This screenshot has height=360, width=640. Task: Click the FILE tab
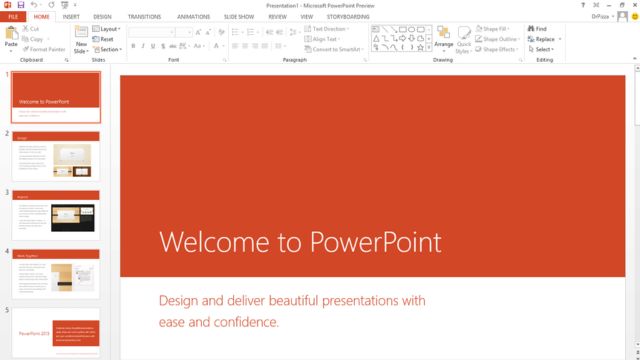[14, 17]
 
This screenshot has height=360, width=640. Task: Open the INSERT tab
[71, 17]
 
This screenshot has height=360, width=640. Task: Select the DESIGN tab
[102, 17]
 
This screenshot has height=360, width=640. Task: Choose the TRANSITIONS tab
[144, 17]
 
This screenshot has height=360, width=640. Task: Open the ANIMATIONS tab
[193, 17]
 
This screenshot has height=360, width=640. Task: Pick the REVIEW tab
[277, 17]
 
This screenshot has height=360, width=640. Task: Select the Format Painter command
[46, 48]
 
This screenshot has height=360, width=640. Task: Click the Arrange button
[443, 40]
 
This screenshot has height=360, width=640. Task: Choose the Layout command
[108, 29]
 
